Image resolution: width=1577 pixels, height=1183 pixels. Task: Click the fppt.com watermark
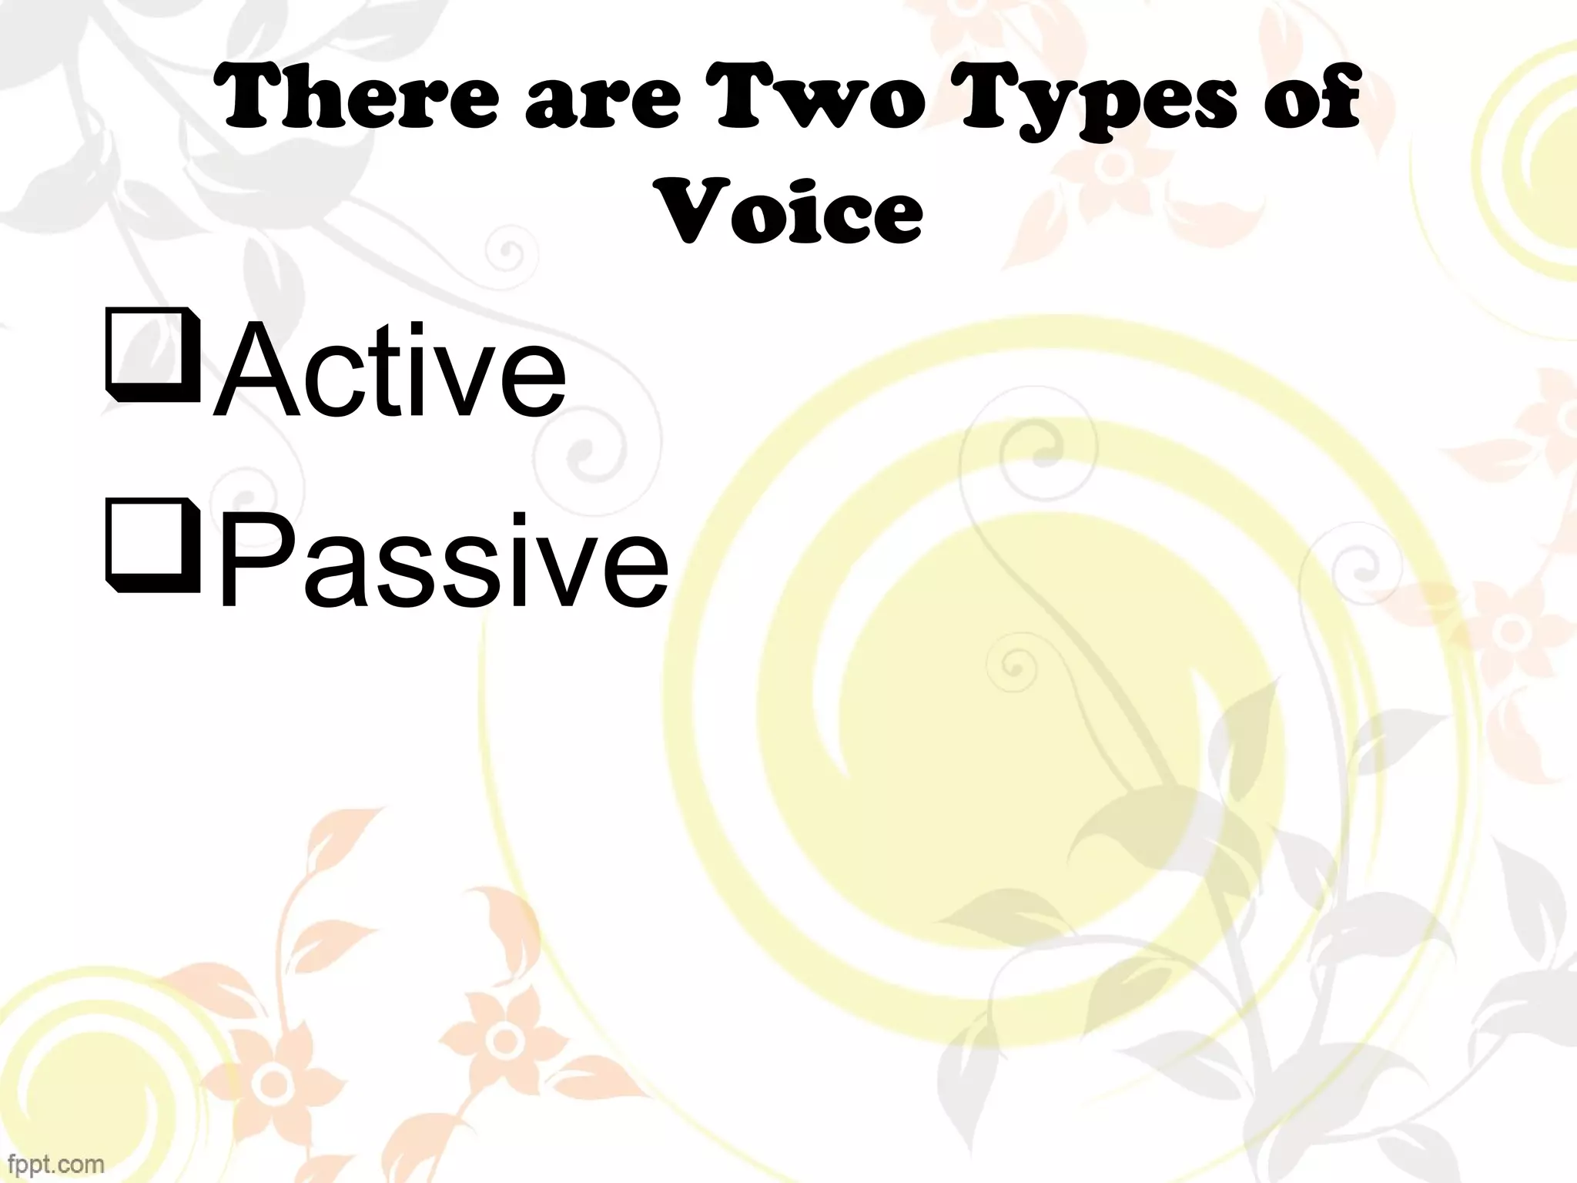pyautogui.click(x=52, y=1163)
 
